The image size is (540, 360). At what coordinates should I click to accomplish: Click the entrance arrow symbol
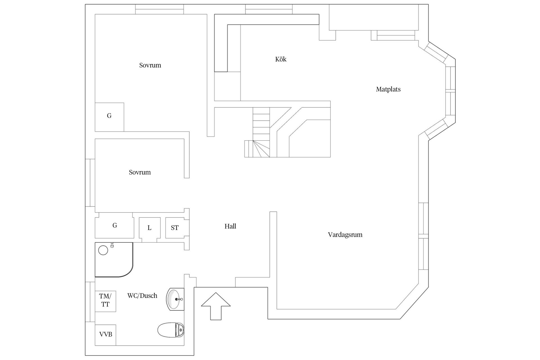pyautogui.click(x=216, y=306)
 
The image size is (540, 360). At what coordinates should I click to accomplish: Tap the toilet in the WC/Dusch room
pyautogui.click(x=171, y=330)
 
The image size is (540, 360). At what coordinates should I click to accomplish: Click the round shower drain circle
pyautogui.click(x=103, y=250)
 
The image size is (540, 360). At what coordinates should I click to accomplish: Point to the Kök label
pyautogui.click(x=281, y=59)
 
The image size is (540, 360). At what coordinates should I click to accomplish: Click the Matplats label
pyautogui.click(x=388, y=89)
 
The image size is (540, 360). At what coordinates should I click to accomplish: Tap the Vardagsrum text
pyautogui.click(x=345, y=235)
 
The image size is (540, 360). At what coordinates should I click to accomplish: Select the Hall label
pyautogui.click(x=230, y=226)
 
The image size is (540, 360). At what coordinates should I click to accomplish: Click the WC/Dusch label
pyautogui.click(x=142, y=296)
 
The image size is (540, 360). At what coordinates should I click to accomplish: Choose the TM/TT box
pyautogui.click(x=105, y=301)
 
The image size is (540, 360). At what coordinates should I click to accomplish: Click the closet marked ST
pyautogui.click(x=175, y=228)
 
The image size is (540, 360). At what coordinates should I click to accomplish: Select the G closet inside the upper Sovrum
pyautogui.click(x=109, y=117)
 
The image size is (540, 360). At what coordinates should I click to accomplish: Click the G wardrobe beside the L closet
pyautogui.click(x=114, y=225)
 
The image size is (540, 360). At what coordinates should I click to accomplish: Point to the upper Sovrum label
pyautogui.click(x=150, y=65)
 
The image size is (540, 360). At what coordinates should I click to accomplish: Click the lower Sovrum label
pyautogui.click(x=140, y=172)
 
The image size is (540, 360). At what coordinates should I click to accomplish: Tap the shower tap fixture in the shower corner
pyautogui.click(x=112, y=245)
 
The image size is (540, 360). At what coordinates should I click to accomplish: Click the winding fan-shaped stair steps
pyautogui.click(x=257, y=148)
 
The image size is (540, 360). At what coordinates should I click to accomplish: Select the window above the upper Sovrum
pyautogui.click(x=159, y=9)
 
